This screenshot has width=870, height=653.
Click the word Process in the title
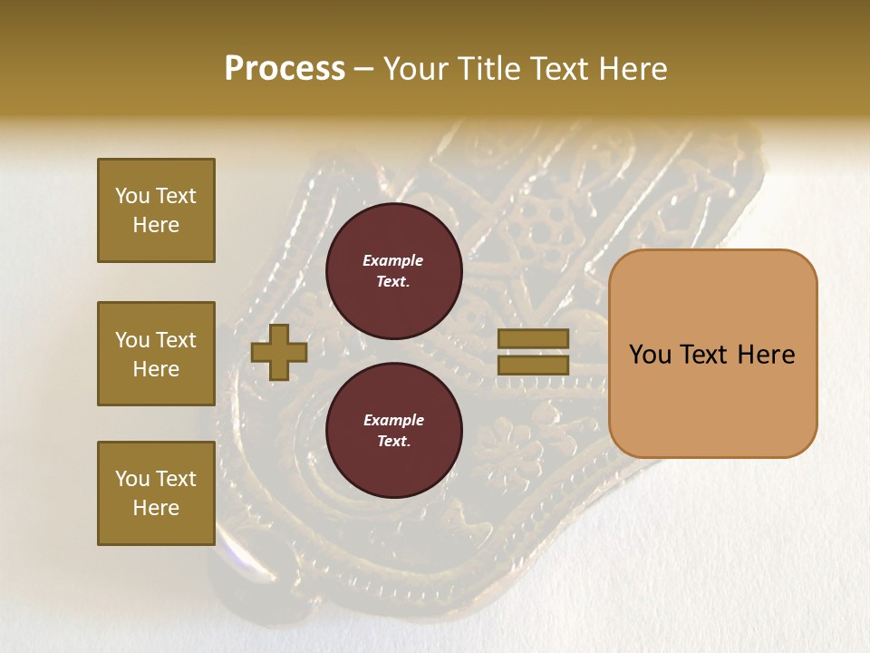[285, 69]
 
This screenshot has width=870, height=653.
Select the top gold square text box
[156, 210]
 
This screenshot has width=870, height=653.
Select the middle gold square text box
[156, 354]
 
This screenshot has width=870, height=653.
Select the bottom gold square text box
[156, 493]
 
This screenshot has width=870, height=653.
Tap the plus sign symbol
[279, 352]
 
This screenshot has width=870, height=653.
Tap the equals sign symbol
[533, 352]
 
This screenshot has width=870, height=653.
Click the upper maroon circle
[393, 271]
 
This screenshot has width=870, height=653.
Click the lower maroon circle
[393, 431]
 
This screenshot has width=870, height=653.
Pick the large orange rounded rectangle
[712, 354]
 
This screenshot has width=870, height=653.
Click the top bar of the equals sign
[533, 338]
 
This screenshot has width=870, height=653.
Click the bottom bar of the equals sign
[533, 365]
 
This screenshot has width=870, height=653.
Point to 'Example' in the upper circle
[393, 260]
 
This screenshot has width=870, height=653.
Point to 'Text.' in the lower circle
[393, 442]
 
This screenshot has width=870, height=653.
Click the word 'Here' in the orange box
[768, 355]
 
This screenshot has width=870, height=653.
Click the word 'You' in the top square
[131, 196]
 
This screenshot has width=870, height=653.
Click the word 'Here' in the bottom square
[156, 508]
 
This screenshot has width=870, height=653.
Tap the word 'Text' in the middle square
[175, 340]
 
